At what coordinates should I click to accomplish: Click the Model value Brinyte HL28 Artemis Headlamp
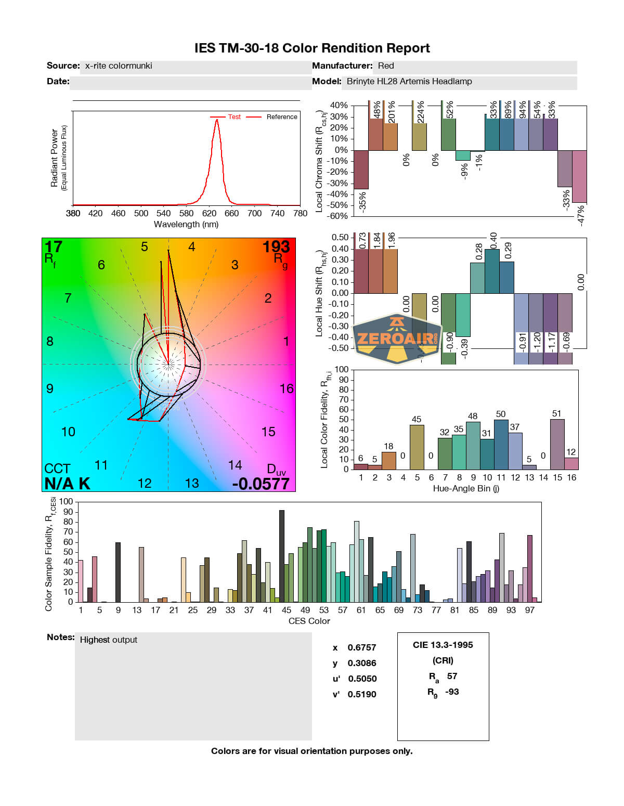tap(409, 82)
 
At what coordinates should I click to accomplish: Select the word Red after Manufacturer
tap(386, 66)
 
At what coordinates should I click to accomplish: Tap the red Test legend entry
tap(234, 117)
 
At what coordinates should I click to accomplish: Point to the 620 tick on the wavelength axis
tap(209, 213)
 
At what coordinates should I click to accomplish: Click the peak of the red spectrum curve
tap(217, 120)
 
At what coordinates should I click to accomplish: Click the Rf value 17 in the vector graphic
tap(53, 246)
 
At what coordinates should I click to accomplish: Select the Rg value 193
tap(276, 246)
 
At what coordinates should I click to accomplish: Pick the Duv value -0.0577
tap(261, 484)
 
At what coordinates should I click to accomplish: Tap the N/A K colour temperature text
tap(67, 484)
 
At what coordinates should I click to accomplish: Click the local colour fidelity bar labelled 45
tap(417, 447)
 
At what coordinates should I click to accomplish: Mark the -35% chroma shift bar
tap(361, 170)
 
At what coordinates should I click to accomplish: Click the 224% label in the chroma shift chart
tap(421, 112)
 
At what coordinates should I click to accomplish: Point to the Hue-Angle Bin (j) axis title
tap(466, 489)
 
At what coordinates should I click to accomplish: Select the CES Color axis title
tap(309, 621)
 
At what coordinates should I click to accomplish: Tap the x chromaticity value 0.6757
tap(362, 648)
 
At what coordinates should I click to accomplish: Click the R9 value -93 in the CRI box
tap(452, 692)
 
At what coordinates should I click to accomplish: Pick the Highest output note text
tap(109, 640)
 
